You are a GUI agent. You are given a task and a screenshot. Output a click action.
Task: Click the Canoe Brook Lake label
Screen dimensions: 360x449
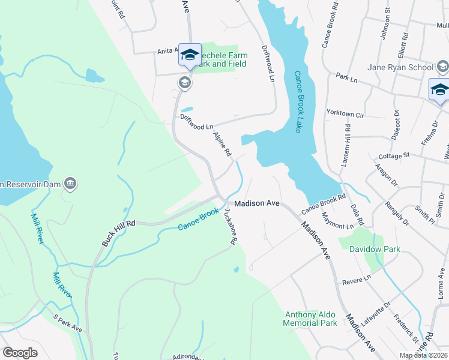coord(297,102)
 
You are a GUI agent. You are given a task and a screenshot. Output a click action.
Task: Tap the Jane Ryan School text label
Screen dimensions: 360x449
coord(400,67)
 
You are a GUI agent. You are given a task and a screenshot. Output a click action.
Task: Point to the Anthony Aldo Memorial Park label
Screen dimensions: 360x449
coord(311,319)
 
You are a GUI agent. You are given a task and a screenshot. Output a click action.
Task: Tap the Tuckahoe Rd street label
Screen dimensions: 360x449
coord(228,226)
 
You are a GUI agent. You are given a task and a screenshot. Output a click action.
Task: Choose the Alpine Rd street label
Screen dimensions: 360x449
coord(222,144)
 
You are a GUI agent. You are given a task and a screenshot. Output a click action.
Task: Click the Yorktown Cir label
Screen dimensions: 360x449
coord(345,113)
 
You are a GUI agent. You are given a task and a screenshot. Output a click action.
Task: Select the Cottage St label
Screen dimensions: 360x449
coord(394,155)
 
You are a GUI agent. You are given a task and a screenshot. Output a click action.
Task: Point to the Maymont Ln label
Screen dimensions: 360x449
coord(337,221)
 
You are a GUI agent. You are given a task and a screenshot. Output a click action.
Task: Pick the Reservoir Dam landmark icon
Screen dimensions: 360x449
coord(70,182)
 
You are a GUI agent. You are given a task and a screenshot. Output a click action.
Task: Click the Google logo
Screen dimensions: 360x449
coord(20,352)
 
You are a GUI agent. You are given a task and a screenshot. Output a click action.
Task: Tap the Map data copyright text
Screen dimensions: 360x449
coord(423,355)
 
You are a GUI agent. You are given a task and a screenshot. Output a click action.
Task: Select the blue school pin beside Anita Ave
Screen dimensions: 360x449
coord(190,56)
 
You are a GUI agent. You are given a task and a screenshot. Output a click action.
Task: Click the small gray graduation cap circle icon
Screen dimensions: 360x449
coord(184,83)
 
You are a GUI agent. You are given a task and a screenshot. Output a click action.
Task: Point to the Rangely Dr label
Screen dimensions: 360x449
coord(397,213)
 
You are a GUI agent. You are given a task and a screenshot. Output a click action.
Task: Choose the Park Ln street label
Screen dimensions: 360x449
coord(346,77)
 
